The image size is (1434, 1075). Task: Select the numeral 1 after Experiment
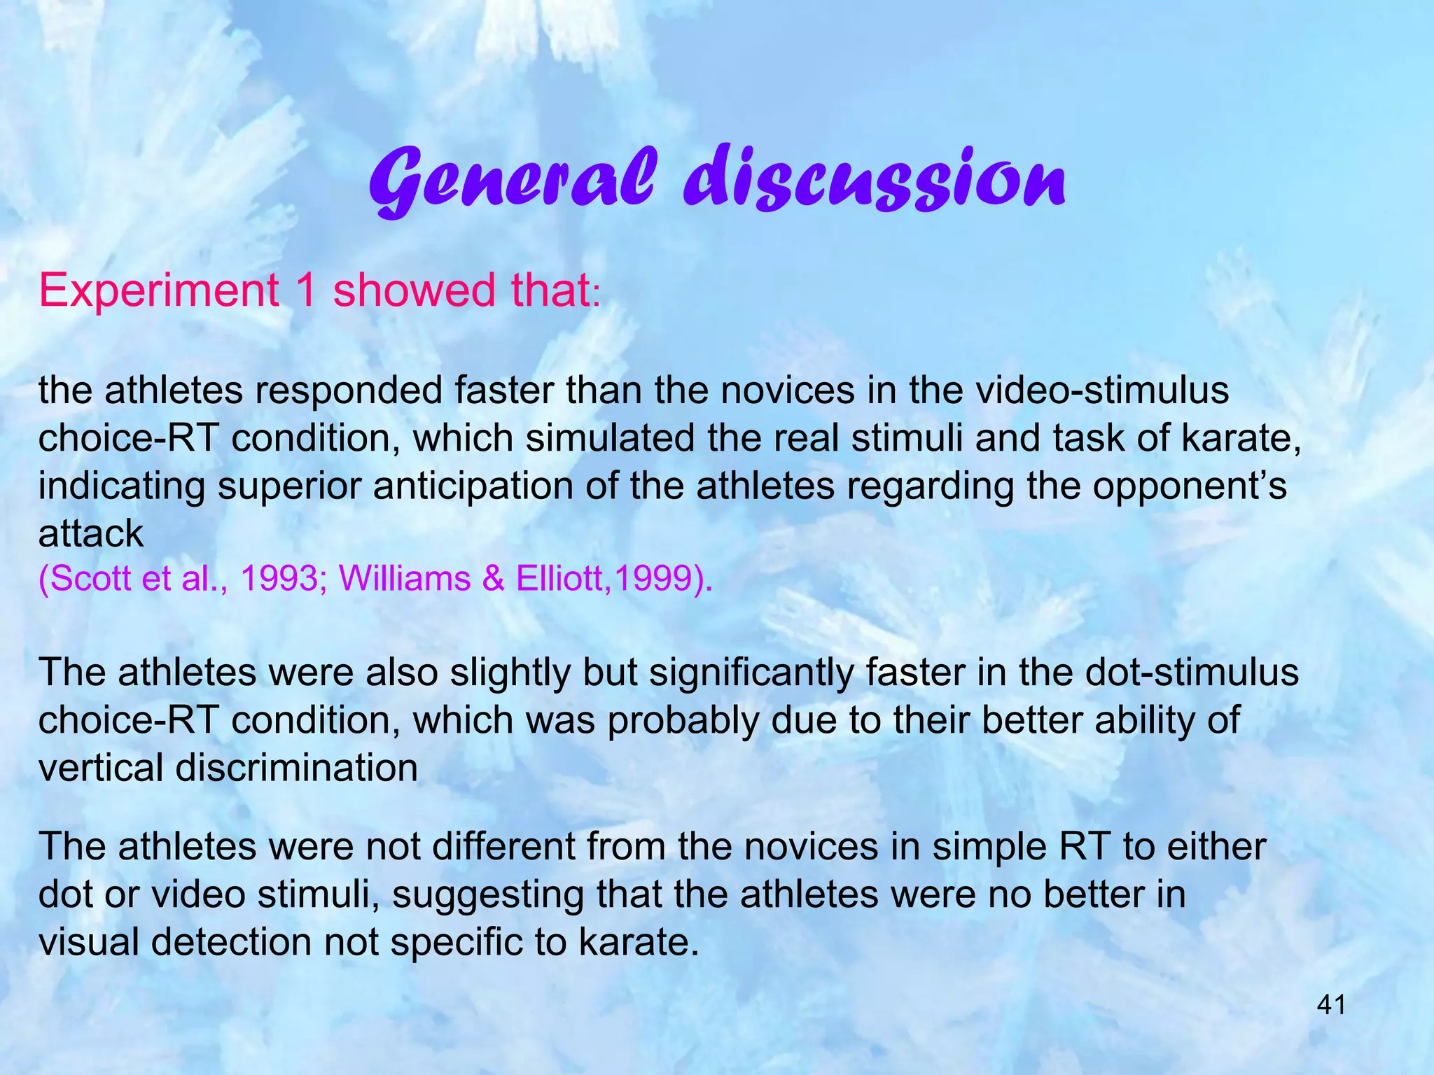[x=305, y=290]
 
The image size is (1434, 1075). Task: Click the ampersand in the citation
[x=494, y=579]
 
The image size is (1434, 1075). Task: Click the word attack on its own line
[x=90, y=534]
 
